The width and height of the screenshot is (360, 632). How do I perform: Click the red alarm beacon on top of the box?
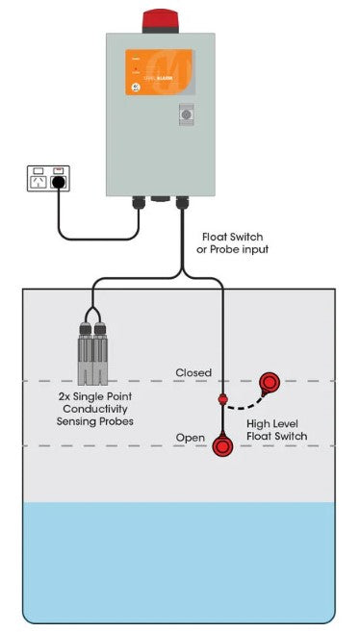[161, 20]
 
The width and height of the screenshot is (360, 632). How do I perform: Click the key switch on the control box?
[187, 115]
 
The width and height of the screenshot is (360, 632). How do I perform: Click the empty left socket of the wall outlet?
[39, 179]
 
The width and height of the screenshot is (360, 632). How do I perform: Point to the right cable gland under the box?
[180, 203]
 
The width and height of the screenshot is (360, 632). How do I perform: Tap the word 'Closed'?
[193, 372]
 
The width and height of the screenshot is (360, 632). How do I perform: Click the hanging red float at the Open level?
[224, 446]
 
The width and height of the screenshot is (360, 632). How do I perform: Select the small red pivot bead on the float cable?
[223, 397]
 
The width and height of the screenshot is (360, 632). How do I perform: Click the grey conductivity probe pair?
[93, 351]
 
